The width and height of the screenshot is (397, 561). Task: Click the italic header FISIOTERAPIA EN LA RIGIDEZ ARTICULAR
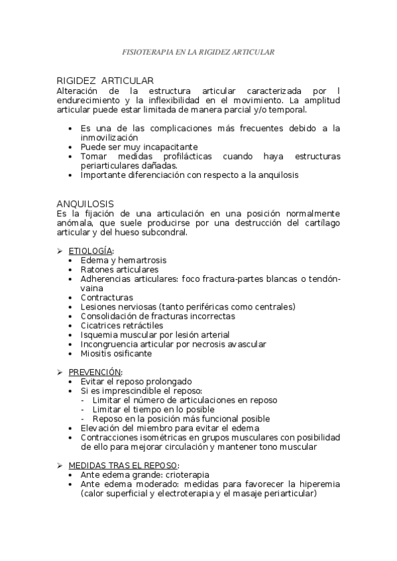pos(198,51)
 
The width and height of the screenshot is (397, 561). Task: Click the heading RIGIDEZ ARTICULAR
pos(105,81)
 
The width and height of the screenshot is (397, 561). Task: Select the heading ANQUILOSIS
pos(85,204)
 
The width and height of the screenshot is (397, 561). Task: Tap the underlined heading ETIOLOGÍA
pos(91,251)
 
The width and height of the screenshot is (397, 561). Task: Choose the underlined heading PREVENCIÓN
pos(95,372)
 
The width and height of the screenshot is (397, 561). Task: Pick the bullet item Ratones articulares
pos(119,270)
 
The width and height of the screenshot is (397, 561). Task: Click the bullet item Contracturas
pos(107,298)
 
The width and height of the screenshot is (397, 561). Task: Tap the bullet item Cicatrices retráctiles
pos(121,325)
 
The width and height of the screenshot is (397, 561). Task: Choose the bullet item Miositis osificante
pos(116,353)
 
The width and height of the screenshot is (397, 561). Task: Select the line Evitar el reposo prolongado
pos(136,382)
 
